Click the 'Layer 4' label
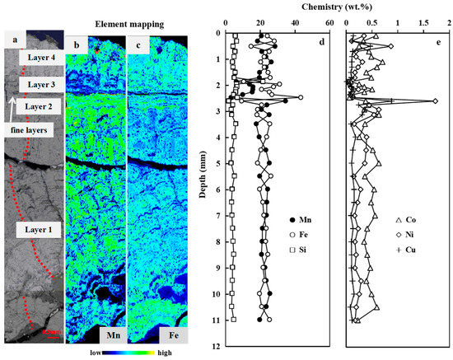click(40, 58)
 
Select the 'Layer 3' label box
click(40, 85)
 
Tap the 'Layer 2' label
click(39, 106)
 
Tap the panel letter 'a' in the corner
click(12, 39)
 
